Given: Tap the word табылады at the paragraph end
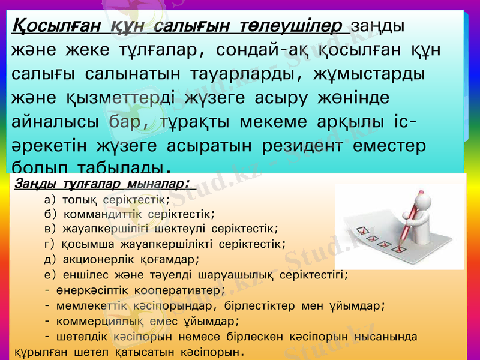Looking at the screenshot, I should tap(123, 166).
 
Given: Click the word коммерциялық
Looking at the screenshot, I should tap(97, 320).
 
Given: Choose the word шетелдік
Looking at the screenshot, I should tap(85, 336).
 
